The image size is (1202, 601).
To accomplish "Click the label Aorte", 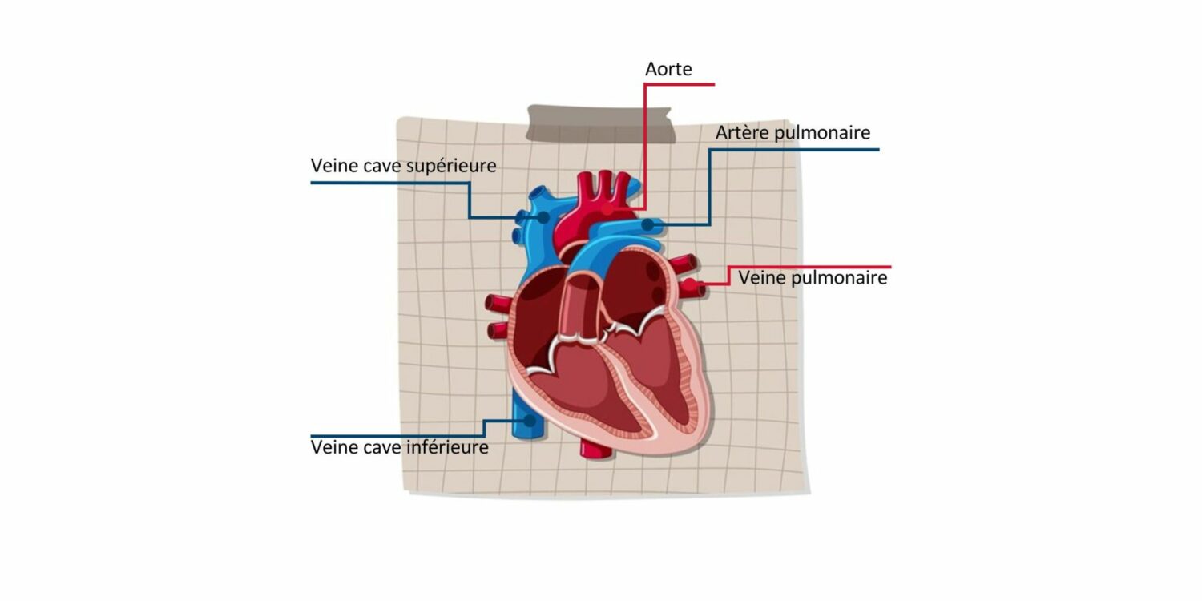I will (x=668, y=70).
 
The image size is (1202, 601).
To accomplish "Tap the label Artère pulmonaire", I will (x=793, y=133).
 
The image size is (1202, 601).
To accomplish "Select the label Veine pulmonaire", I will (x=813, y=278).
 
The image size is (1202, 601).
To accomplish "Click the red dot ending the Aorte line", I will (x=608, y=209).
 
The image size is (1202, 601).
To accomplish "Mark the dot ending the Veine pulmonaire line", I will (x=688, y=284).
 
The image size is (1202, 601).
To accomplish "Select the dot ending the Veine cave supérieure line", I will (x=543, y=217).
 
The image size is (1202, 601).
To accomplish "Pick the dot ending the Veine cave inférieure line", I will (x=529, y=420).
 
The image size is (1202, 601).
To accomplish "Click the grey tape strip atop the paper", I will (x=600, y=123).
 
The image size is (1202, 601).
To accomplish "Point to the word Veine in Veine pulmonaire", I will (x=760, y=278).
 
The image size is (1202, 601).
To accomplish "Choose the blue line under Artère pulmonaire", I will (x=793, y=150).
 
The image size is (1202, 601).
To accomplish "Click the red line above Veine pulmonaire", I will (x=809, y=267).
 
